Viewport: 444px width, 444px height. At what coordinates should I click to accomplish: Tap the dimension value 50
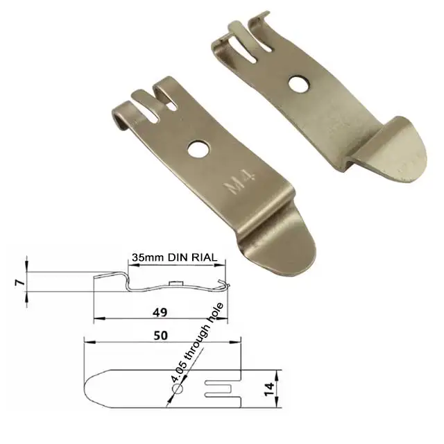(x=161, y=335)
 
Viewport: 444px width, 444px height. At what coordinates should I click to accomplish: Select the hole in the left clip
(x=198, y=148)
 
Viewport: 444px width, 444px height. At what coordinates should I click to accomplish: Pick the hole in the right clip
(x=299, y=85)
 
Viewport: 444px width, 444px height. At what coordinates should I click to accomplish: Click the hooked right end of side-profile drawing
(x=223, y=284)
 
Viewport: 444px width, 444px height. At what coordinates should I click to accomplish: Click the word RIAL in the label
(x=204, y=257)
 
